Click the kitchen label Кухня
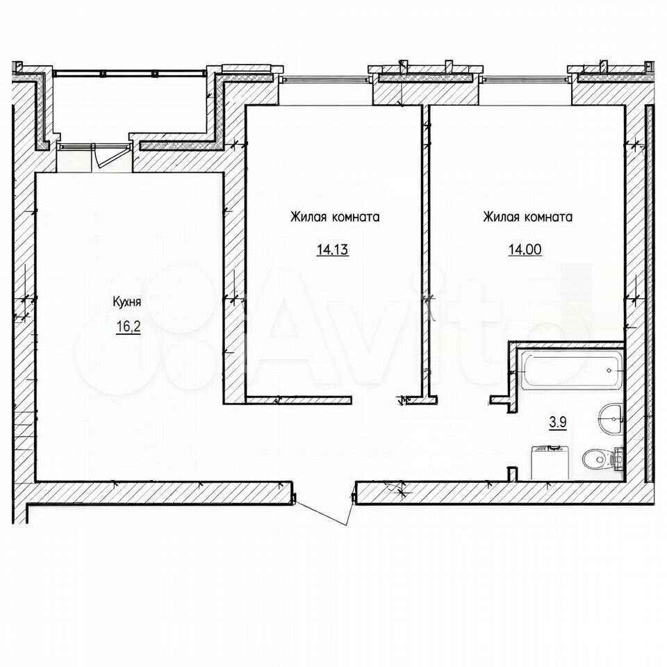126,302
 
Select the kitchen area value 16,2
128,327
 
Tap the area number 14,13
332,249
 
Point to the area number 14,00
525,249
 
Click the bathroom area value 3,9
558,423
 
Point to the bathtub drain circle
609,370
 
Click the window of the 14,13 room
324,79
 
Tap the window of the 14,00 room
526,79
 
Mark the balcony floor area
130,106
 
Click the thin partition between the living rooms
425,251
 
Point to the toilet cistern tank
618,459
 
